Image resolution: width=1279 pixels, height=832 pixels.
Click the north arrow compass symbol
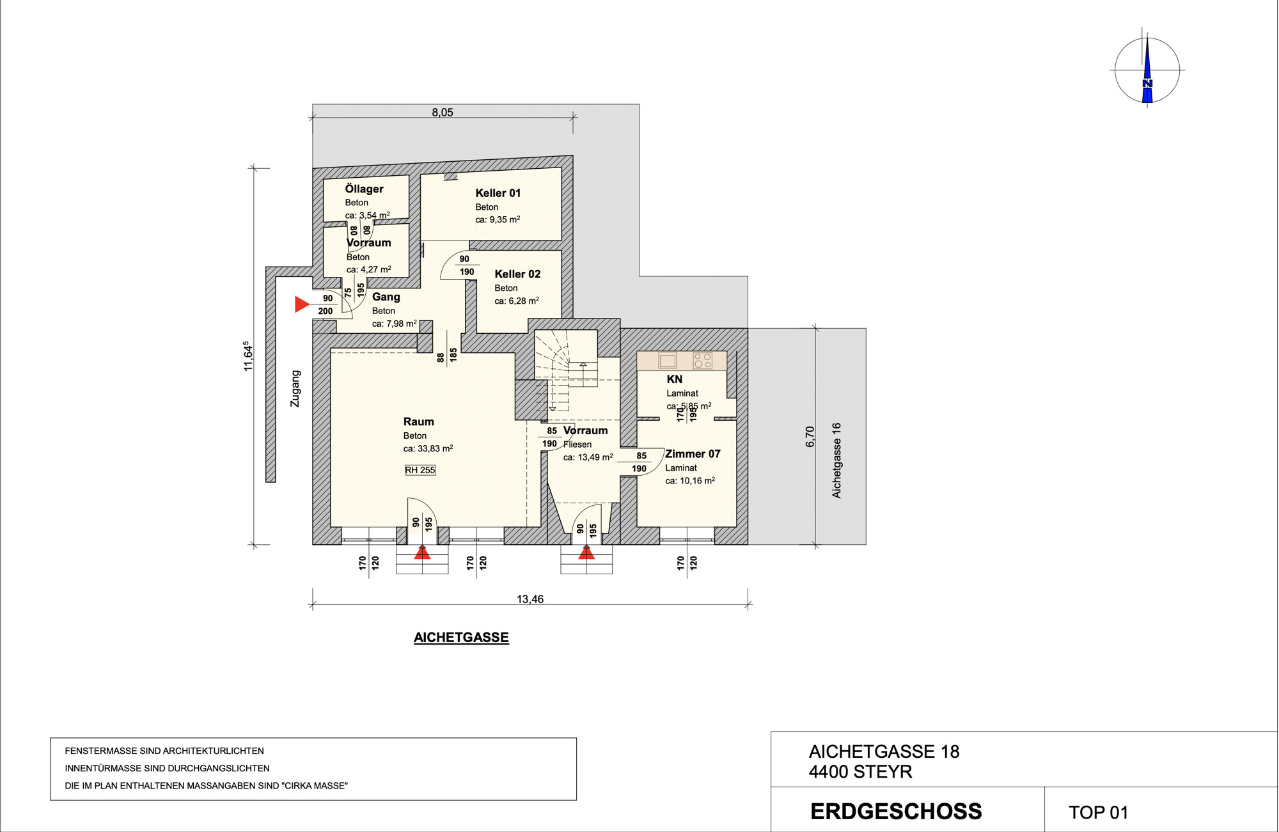pos(1147,69)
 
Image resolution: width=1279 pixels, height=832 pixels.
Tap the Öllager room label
pos(364,189)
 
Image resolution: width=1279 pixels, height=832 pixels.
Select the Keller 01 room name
pos(498,192)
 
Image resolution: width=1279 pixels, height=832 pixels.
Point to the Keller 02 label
pos(517,274)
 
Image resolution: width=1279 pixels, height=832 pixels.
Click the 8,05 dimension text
pos(442,113)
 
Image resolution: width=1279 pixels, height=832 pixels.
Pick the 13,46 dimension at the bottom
pos(530,599)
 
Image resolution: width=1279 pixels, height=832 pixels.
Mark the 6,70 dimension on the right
pos(810,437)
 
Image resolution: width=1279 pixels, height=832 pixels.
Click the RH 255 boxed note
pos(420,470)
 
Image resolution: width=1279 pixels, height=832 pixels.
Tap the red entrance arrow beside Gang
pos(302,304)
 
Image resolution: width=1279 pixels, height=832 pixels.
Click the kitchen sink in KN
pos(667,360)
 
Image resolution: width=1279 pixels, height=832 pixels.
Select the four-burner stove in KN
pos(702,360)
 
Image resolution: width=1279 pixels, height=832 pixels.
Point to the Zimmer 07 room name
pos(693,454)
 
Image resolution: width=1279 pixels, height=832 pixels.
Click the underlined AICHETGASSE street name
pos(461,638)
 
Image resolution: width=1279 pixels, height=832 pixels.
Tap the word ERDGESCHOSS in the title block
pos(896,812)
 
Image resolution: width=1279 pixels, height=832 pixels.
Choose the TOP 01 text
pos(1098,812)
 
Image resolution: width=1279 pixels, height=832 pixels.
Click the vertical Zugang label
pos(295,388)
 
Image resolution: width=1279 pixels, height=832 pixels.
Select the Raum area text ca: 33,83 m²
pos(428,448)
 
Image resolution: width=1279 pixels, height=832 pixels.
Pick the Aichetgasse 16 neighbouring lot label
pos(836,460)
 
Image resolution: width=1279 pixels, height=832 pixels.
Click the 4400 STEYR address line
pos(860,772)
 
